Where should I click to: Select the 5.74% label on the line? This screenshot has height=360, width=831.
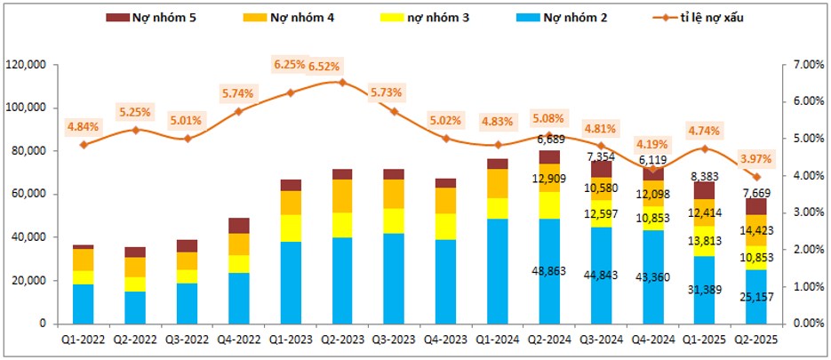(237, 93)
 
